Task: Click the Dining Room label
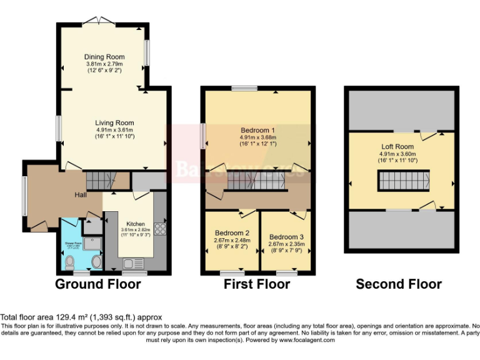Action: click(104, 57)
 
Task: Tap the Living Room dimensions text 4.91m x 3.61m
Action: click(114, 130)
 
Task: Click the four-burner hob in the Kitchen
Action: click(159, 229)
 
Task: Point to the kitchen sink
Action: click(132, 263)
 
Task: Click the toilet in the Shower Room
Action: click(70, 261)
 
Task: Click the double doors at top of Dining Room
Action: click(98, 21)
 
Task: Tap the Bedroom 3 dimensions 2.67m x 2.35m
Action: click(284, 244)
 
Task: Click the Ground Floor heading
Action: click(98, 284)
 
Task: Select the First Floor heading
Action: click(257, 284)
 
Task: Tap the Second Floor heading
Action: click(399, 284)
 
